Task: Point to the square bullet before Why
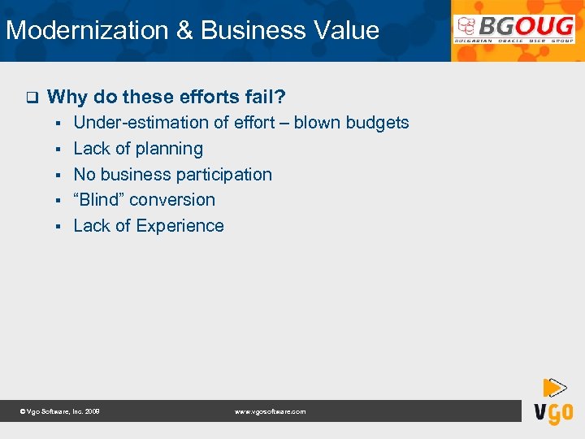(32, 98)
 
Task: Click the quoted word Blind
(98, 200)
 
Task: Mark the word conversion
(172, 200)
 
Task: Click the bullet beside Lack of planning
(60, 150)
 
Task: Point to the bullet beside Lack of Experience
(60, 227)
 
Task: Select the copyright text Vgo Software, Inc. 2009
(60, 412)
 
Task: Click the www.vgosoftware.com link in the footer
(271, 412)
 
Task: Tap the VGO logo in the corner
(553, 403)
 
